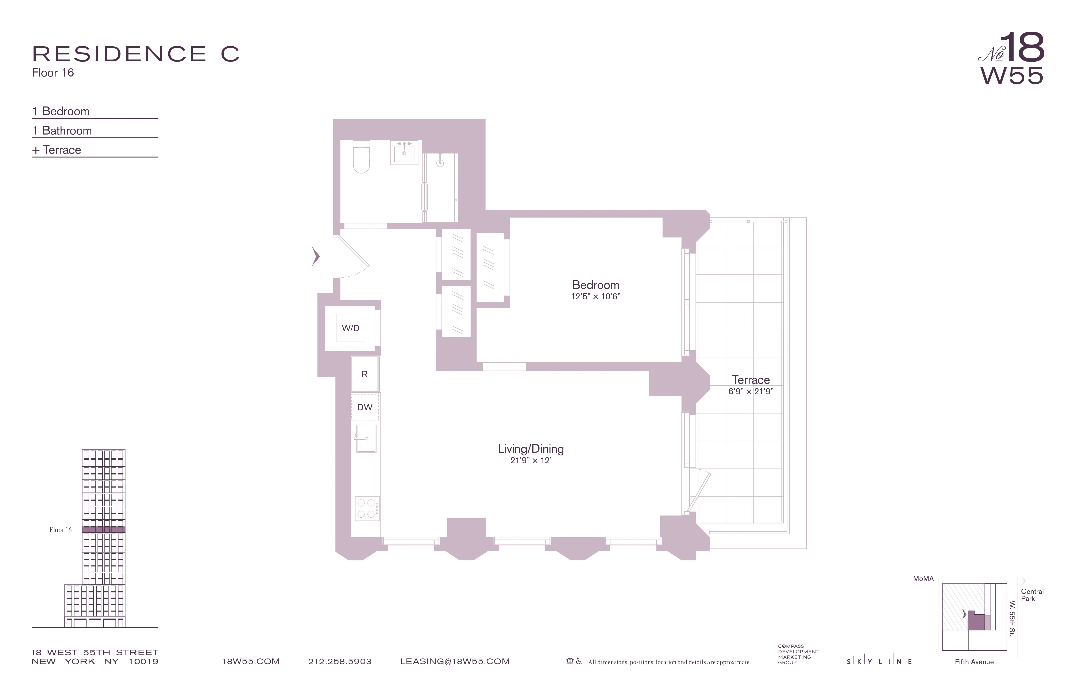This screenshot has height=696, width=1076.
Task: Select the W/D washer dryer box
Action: click(350, 328)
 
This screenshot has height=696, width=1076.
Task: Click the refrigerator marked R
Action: click(365, 374)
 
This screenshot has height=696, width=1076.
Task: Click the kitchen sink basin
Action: click(366, 438)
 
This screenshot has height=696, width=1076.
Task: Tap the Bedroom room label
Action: click(595, 285)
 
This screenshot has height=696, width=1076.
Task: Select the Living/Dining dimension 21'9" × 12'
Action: click(531, 460)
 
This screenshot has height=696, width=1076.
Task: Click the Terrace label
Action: click(751, 380)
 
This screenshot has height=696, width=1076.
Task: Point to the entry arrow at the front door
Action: click(316, 257)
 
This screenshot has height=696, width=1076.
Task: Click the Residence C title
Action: click(136, 54)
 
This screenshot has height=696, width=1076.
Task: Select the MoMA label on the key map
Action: click(923, 579)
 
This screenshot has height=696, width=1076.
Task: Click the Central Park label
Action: click(1032, 595)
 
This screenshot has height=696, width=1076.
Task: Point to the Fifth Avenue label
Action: click(974, 662)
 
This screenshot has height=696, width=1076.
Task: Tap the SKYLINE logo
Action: click(879, 662)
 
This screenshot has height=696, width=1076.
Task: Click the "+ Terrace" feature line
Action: click(57, 150)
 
